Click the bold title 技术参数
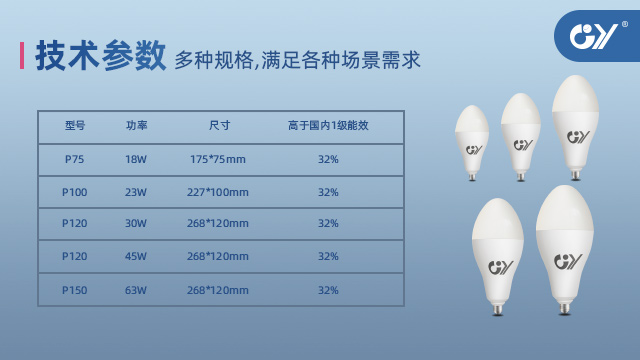pyautogui.click(x=101, y=56)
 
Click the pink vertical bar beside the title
pyautogui.click(x=22, y=55)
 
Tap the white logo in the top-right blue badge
pyautogui.click(x=593, y=36)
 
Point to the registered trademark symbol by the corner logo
pyautogui.click(x=624, y=24)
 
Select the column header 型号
pyautogui.click(x=75, y=125)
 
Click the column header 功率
pyautogui.click(x=136, y=125)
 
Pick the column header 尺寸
pyautogui.click(x=220, y=125)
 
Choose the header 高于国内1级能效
pyautogui.click(x=328, y=125)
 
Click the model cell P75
pyautogui.click(x=74, y=159)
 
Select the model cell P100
pyautogui.click(x=74, y=192)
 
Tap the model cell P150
pyautogui.click(x=74, y=290)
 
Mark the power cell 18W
pyautogui.click(x=136, y=159)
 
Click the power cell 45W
pyautogui.click(x=136, y=256)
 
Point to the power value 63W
pyautogui.click(x=136, y=290)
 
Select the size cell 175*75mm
pyautogui.click(x=218, y=159)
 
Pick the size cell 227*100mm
pyautogui.click(x=218, y=192)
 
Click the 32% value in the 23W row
pyautogui.click(x=328, y=192)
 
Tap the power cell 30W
pyautogui.click(x=136, y=223)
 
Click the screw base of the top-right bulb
pyautogui.click(x=576, y=175)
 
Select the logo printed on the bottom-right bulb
pyautogui.click(x=568, y=262)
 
